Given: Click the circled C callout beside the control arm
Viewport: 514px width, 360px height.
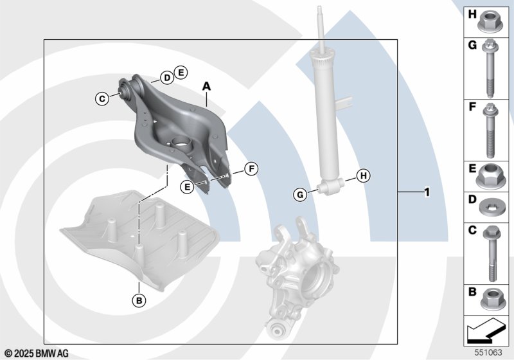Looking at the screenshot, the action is pyautogui.click(x=102, y=98).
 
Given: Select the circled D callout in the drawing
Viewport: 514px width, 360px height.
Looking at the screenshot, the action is pyautogui.click(x=167, y=78).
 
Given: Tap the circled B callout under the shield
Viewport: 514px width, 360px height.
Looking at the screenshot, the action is pyautogui.click(x=139, y=300).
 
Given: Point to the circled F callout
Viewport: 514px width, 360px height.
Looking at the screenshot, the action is pyautogui.click(x=251, y=169).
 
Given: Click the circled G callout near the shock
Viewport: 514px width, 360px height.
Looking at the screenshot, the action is pyautogui.click(x=300, y=195).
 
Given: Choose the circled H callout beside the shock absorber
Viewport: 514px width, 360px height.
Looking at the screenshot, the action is pyautogui.click(x=364, y=175).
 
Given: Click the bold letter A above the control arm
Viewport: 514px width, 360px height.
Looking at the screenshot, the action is pyautogui.click(x=206, y=86).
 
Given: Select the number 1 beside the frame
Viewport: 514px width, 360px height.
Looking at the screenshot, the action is pyautogui.click(x=427, y=192).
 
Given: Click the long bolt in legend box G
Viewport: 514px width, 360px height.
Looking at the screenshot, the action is pyautogui.click(x=490, y=69).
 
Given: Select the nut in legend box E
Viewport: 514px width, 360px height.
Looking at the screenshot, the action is pyautogui.click(x=488, y=176).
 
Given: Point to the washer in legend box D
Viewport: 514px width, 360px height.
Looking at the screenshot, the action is pyautogui.click(x=489, y=208).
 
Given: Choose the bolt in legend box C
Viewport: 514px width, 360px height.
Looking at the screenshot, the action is pyautogui.click(x=491, y=253).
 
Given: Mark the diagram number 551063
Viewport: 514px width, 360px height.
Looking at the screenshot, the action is pyautogui.click(x=488, y=352).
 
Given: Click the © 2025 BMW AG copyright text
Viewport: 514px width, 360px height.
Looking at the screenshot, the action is pyautogui.click(x=37, y=354).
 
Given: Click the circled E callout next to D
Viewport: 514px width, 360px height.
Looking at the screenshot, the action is pyautogui.click(x=181, y=73).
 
